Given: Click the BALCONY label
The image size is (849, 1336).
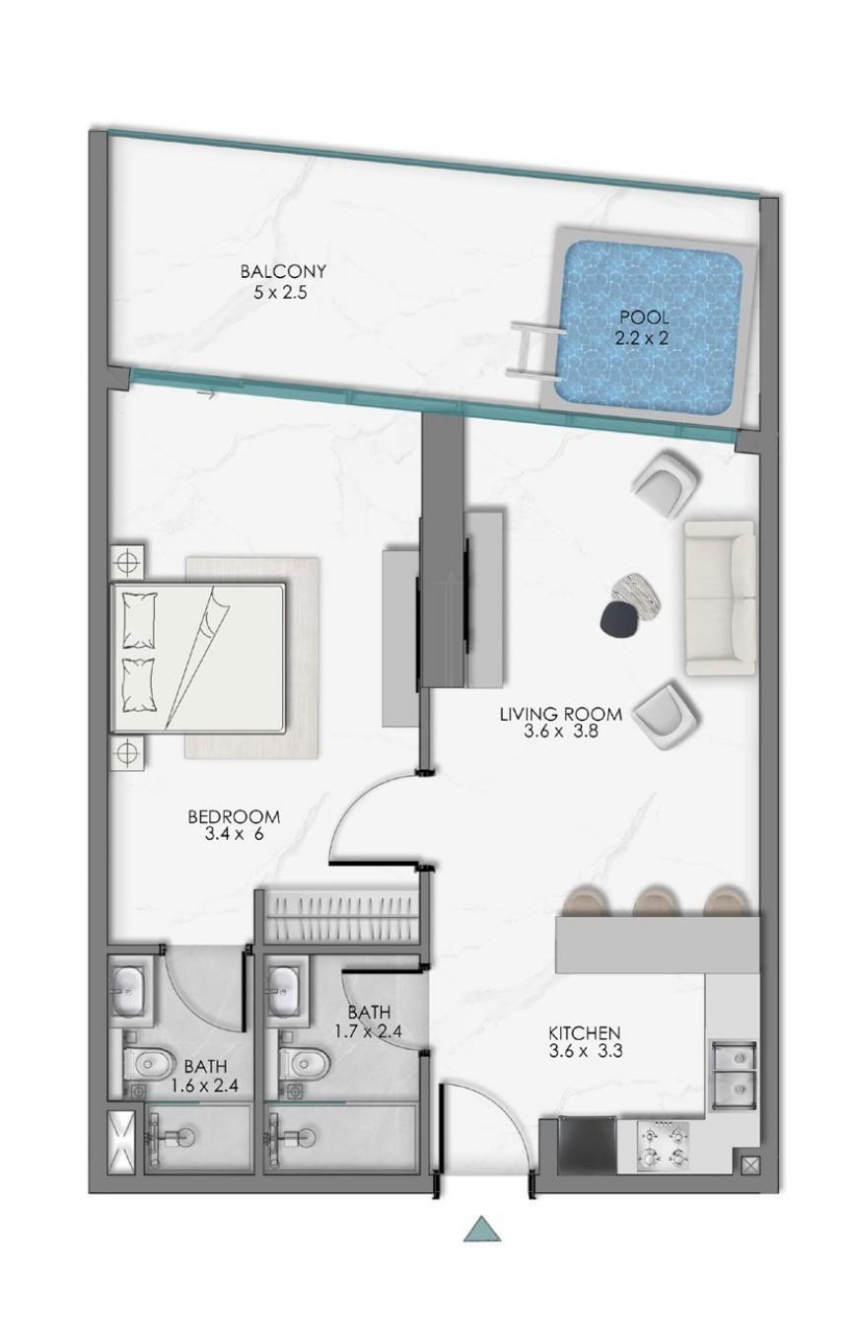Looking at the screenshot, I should tap(283, 271).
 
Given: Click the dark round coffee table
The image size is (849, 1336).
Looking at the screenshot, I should tap(621, 619).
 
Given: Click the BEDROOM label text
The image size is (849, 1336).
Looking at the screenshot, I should tap(234, 816).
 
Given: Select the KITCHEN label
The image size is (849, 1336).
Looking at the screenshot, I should tap(584, 1032).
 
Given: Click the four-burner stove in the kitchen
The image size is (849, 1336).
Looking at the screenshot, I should tap(663, 1145).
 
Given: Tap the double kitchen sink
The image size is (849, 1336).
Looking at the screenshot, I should tap(733, 1070).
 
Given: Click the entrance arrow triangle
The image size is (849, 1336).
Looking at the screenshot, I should tap(483, 1228).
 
